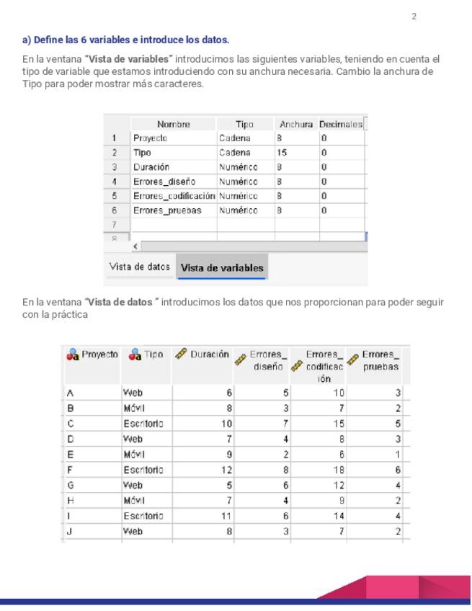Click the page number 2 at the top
[414, 17]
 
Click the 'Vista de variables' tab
[222, 268]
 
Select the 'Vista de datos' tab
[140, 267]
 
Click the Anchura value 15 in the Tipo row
[282, 153]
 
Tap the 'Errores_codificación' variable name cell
[174, 196]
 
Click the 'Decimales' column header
[342, 124]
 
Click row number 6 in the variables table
[114, 210]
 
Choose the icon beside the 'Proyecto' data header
[72, 354]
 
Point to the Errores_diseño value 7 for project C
[285, 423]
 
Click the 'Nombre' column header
[173, 124]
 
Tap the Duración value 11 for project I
[226, 516]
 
